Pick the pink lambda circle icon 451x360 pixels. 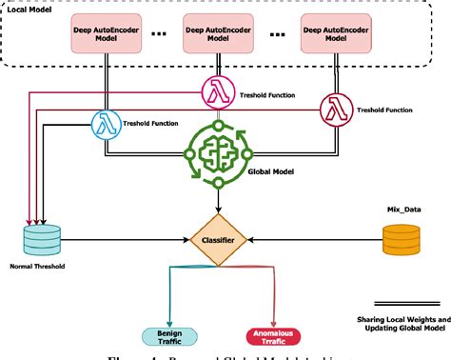(216, 91)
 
